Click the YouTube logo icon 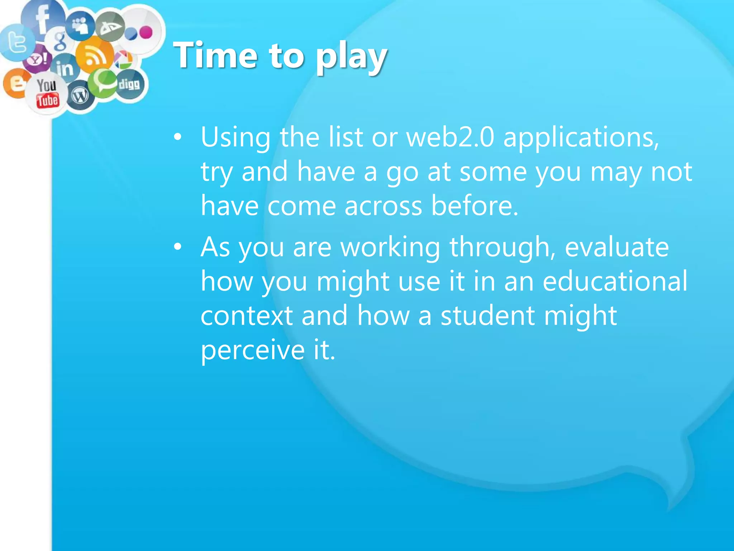pos(47,93)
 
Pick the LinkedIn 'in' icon pos(65,68)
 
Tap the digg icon pos(129,85)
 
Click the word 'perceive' pos(253,350)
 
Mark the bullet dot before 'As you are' pos(177,247)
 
